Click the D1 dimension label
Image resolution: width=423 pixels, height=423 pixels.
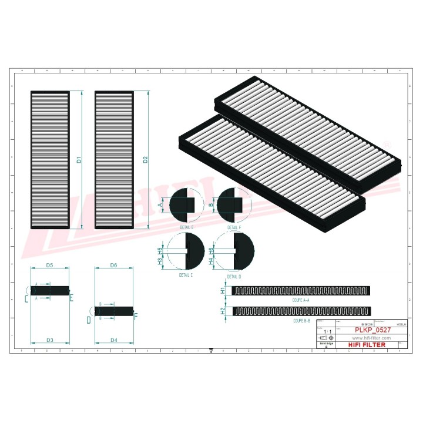pos(79,159)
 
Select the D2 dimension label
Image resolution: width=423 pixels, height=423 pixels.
pos(145,159)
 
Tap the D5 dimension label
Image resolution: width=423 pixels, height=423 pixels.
pos(50,266)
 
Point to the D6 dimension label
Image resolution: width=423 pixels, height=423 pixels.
pos(114,266)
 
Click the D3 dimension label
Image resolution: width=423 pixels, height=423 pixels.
pos(50,341)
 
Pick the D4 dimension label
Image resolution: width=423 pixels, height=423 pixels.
pos(114,341)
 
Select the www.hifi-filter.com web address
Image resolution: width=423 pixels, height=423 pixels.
pos(371,338)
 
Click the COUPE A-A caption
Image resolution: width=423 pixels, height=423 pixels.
pos(300,300)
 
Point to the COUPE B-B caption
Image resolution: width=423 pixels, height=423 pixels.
pos(301,321)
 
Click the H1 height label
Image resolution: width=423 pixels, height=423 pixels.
pos(223,291)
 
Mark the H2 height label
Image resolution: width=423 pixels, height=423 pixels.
pos(223,311)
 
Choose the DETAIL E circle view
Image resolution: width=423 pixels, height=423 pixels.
pos(186,205)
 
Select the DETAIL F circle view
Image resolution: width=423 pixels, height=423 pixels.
pos(233,205)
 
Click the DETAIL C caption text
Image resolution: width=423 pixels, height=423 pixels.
pos(186,274)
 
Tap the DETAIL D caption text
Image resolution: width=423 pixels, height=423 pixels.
pos(233,275)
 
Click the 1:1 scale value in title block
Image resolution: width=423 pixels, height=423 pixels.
pos(325,332)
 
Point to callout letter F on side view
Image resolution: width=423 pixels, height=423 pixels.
pos(136,316)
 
